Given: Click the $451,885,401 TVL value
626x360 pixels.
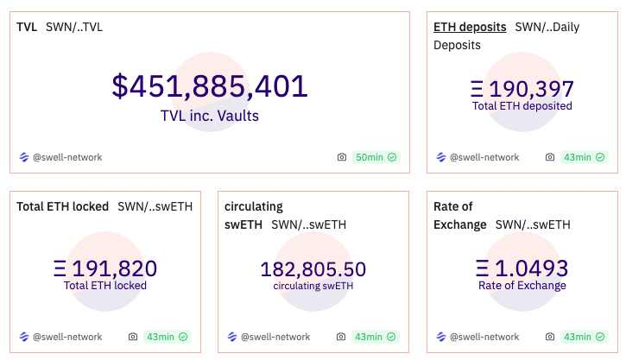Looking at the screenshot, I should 210,86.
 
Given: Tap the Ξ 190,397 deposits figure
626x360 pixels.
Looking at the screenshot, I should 522,89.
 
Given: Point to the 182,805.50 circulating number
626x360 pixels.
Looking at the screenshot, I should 313,269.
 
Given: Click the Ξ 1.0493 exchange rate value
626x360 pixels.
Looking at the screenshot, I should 522,268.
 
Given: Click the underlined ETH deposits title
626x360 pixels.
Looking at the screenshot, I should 470,27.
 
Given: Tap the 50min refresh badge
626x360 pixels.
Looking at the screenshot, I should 376,157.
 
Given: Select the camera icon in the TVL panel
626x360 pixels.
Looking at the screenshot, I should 342,157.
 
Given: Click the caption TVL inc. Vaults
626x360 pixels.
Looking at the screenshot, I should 210,115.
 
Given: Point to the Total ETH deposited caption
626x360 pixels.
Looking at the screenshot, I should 522,106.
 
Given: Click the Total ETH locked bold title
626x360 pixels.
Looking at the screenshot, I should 63,206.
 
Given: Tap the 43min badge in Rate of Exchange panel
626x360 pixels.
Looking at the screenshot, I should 584,337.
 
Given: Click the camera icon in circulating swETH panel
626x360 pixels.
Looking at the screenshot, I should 342,337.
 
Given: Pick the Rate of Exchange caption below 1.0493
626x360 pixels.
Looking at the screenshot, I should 522,286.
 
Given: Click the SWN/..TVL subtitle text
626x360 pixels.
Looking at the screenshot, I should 74,27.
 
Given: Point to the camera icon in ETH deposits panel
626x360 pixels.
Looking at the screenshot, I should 550,157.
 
